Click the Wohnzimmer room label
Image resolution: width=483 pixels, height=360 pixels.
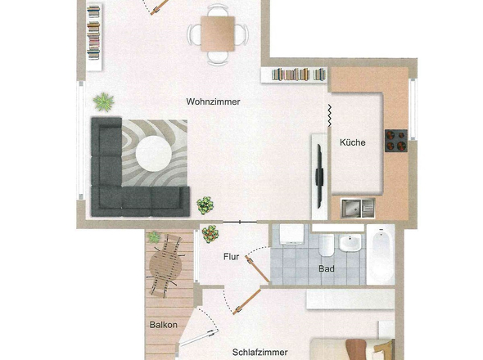213,101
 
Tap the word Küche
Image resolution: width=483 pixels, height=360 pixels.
353,142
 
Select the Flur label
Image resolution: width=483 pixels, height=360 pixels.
232,257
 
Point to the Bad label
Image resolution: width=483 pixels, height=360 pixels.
327,269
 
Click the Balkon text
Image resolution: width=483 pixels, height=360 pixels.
163,325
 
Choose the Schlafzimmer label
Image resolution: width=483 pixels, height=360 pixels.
260,353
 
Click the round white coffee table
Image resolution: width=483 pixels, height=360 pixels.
154,154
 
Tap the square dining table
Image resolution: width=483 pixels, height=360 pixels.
218,34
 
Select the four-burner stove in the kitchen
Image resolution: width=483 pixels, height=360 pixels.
396,141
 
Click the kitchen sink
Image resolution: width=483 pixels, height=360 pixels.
358,208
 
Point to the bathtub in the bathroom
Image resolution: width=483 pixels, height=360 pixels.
381,254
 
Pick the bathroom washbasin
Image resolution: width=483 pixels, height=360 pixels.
350,243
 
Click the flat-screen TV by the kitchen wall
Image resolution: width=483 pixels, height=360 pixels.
319,177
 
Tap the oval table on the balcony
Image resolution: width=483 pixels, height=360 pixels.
165,265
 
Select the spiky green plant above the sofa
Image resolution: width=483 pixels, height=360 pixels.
103,102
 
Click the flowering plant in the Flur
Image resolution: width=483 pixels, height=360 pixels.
210,234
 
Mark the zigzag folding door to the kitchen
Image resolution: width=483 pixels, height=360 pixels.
330,115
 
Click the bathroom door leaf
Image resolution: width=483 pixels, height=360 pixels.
258,269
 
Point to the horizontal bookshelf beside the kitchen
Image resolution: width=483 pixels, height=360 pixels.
294,74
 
